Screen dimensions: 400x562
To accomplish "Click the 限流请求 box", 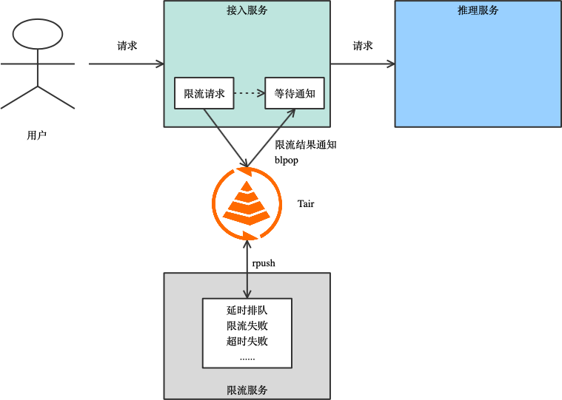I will point(204,93).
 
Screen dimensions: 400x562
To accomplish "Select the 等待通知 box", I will point(295,93).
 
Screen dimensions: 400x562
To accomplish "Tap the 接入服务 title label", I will point(247,10).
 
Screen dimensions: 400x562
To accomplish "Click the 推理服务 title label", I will point(478,10).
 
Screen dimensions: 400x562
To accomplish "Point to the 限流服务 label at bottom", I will point(247,390).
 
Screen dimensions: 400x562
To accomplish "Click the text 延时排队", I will point(247,311).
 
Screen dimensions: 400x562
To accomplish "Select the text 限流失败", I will point(247,326).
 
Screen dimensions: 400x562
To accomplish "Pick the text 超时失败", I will point(247,342).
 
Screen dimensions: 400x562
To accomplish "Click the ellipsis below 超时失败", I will point(247,358).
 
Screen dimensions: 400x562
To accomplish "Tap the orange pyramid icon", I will point(247,203).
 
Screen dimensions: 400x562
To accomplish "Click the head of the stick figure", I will point(38,34).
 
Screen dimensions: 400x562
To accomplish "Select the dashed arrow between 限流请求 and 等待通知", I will point(249,93).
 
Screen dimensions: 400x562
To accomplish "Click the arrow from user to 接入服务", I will point(126,64).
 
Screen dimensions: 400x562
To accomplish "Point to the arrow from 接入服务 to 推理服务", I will point(362,64).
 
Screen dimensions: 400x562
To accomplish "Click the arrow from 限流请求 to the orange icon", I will point(225,138).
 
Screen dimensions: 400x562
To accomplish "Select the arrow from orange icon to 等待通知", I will point(271,138).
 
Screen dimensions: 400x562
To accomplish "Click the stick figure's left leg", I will point(19,98).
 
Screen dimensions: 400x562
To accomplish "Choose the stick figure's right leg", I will point(56,98).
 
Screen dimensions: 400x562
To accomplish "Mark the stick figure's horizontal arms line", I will point(38,64).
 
